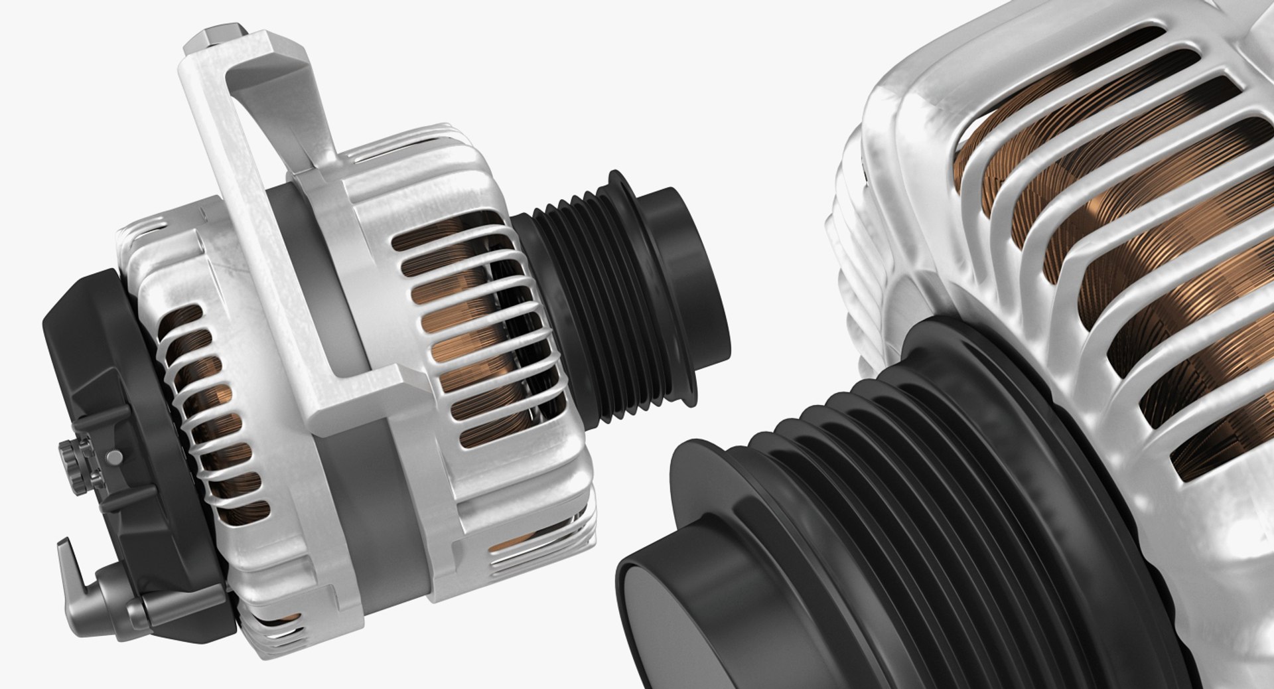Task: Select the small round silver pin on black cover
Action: coord(114,457)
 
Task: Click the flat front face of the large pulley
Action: coord(670,637)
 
